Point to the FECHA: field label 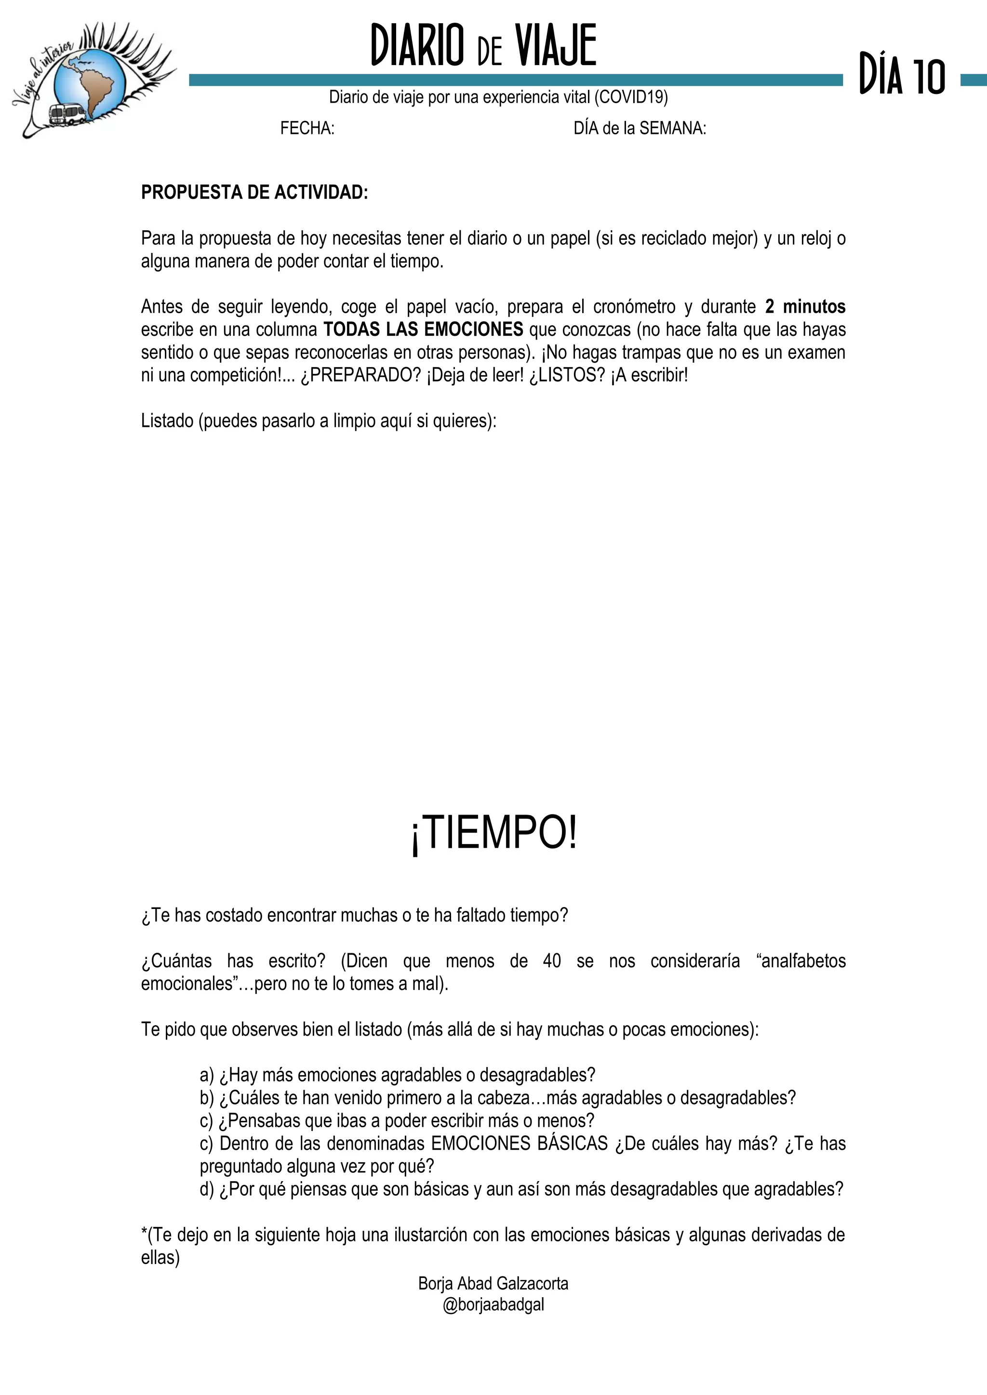click(307, 129)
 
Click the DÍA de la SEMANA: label click(640, 129)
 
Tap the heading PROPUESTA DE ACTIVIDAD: click(254, 192)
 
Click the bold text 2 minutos click(805, 307)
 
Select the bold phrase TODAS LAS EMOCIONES click(423, 330)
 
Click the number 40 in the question click(552, 961)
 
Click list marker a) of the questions click(207, 1076)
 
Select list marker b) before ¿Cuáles click(207, 1098)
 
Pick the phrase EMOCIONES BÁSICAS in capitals click(519, 1144)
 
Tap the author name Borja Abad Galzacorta click(493, 1284)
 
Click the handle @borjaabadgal click(493, 1304)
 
